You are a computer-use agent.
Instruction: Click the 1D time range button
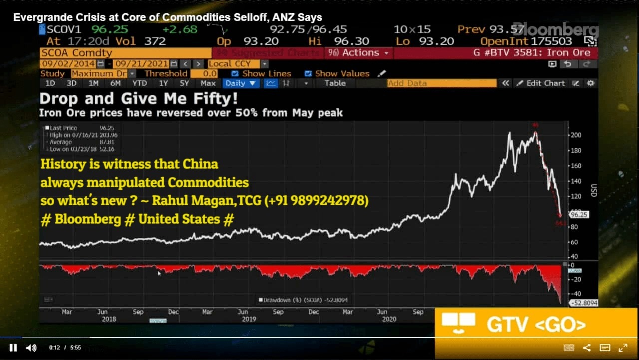tap(50, 83)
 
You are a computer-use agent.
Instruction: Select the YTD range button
tap(140, 83)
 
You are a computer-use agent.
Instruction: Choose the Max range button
tap(208, 83)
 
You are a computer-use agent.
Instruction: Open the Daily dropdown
tap(241, 83)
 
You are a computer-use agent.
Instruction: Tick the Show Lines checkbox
tap(235, 73)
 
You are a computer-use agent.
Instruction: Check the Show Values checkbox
tap(308, 73)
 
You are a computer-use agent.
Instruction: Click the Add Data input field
tap(442, 83)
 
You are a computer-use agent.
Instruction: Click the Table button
tap(335, 83)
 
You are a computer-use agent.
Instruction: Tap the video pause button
tap(13, 348)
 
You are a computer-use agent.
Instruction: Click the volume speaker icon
tap(31, 348)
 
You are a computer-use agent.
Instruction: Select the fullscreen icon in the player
tap(623, 348)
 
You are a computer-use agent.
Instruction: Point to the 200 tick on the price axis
tap(575, 135)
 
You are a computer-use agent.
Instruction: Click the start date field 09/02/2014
tap(68, 64)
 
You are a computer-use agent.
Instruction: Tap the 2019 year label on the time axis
tap(249, 319)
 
